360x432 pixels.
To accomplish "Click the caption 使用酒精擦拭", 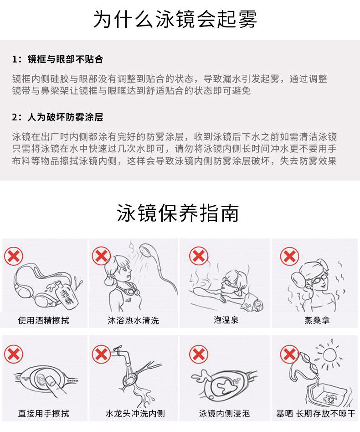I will pyautogui.click(x=44, y=320).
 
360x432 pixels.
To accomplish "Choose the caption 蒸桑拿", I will pyautogui.click(x=315, y=320).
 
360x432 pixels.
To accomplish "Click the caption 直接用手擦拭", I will pyautogui.click(x=44, y=414).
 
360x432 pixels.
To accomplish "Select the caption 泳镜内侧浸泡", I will pyautogui.click(x=225, y=414).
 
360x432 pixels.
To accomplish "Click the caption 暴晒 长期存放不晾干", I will pyautogui.click(x=315, y=414).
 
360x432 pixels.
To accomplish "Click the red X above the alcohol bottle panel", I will pyautogui.click(x=14, y=256).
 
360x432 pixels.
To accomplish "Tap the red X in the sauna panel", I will pyautogui.click(x=289, y=256).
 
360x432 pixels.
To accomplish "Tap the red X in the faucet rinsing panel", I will pyautogui.click(x=101, y=354).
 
